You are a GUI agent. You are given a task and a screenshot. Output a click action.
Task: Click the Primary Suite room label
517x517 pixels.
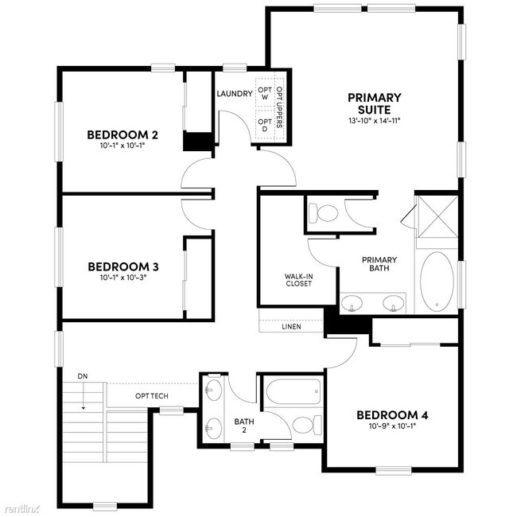click(374, 103)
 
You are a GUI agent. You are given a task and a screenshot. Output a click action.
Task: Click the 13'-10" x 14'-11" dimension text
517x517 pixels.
click(374, 121)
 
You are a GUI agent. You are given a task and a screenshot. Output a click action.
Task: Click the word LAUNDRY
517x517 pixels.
click(235, 94)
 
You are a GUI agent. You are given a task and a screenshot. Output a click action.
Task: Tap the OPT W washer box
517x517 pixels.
click(265, 92)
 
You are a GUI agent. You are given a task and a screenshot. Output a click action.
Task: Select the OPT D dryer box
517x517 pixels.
click(265, 125)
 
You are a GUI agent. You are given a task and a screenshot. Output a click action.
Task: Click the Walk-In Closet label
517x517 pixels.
click(298, 280)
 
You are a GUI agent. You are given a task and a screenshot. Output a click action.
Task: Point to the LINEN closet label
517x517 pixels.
click(291, 326)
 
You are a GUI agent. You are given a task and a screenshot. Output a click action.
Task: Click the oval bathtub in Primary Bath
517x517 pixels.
click(436, 282)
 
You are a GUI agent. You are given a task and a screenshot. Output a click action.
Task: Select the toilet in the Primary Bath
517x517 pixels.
click(325, 213)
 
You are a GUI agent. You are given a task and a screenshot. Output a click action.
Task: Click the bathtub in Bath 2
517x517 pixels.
click(293, 391)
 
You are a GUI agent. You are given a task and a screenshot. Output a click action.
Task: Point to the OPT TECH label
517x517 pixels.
click(150, 395)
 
